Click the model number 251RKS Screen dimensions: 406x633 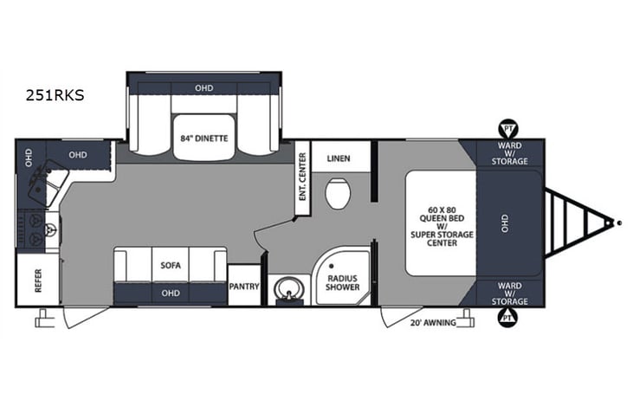click(55, 96)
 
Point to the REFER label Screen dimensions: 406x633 click(38, 280)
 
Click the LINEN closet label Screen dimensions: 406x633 click(338, 158)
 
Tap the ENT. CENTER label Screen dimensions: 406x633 click(302, 177)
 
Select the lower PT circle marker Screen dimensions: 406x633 click(505, 318)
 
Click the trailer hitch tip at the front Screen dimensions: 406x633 click(620, 222)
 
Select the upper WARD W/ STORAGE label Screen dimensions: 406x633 click(509, 154)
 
